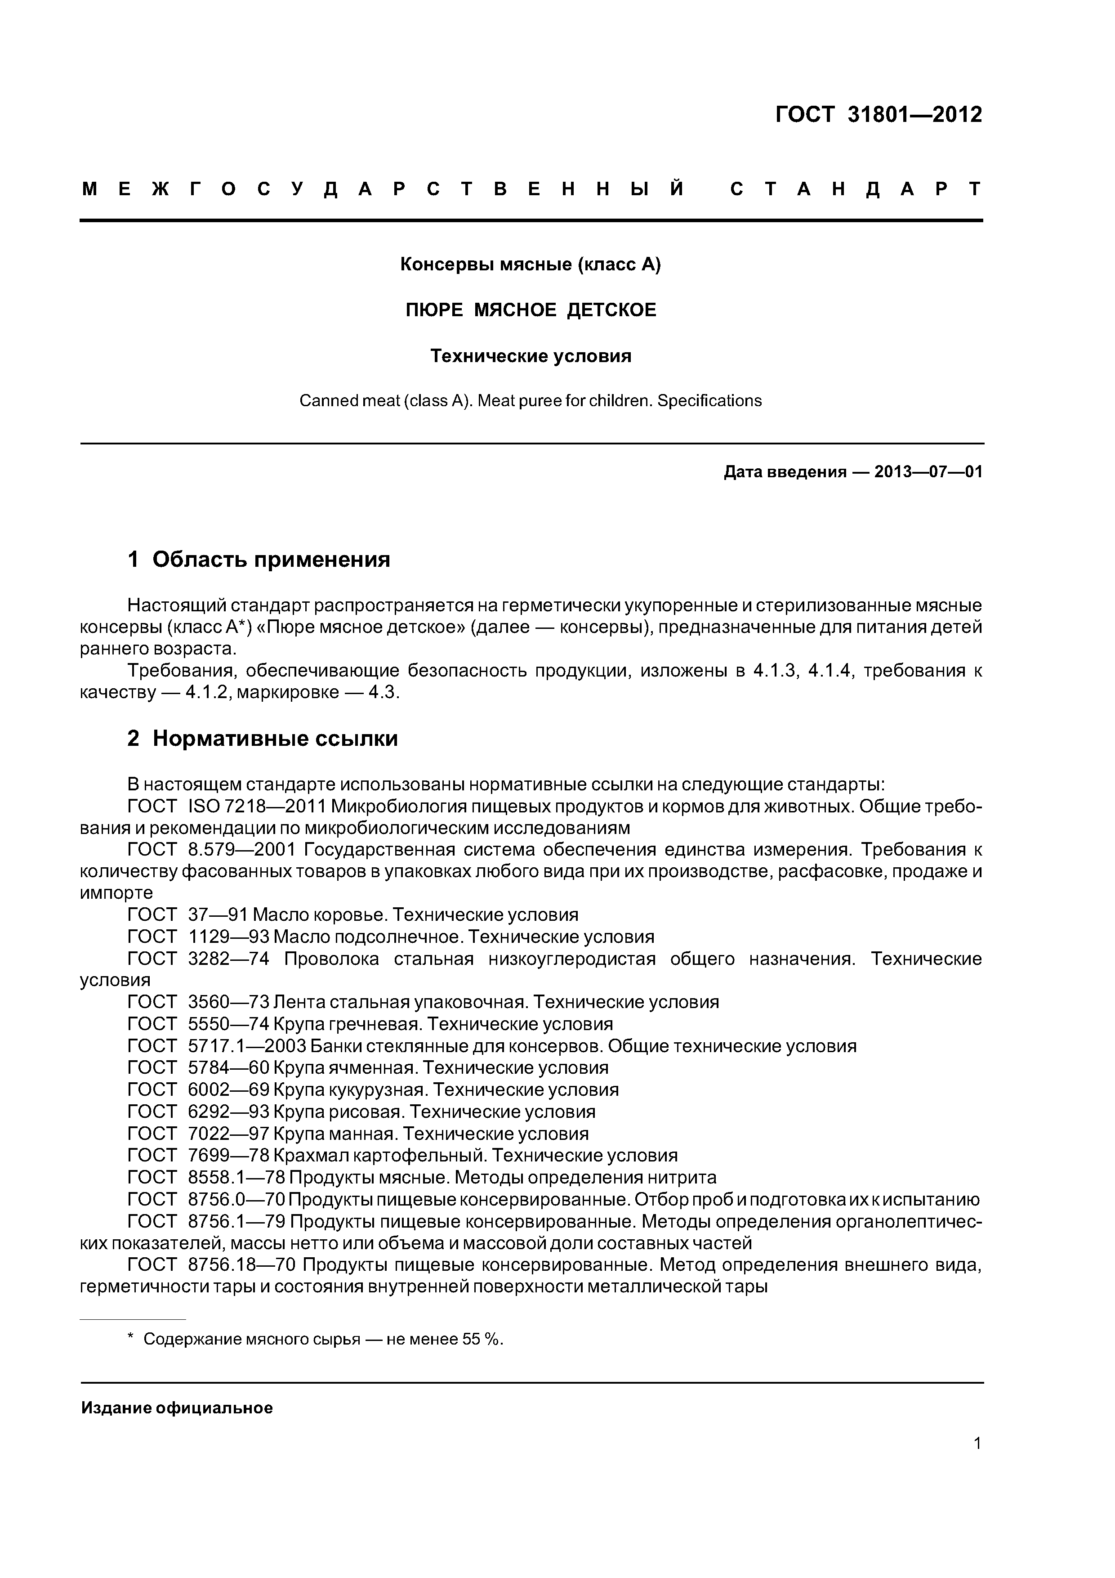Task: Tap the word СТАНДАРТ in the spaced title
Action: tap(856, 189)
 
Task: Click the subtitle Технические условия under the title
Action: tap(531, 356)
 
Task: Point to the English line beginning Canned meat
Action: tap(531, 401)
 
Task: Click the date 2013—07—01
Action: tap(928, 472)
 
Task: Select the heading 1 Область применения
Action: tap(259, 560)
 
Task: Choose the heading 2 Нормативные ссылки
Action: tap(263, 739)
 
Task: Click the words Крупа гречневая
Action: tap(347, 1024)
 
